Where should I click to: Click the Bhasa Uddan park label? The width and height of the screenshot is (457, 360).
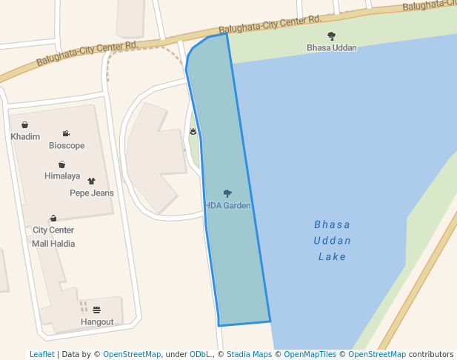(332, 48)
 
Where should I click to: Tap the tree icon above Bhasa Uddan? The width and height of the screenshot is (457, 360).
(331, 36)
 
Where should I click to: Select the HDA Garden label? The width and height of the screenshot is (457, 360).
(228, 205)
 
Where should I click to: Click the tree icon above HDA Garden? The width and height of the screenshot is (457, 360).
(227, 193)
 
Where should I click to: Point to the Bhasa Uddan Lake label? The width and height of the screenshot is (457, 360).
(332, 240)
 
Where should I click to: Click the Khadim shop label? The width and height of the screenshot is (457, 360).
(25, 137)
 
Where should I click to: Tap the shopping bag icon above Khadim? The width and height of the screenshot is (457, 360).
(25, 125)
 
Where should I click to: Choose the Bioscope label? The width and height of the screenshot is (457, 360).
(67, 146)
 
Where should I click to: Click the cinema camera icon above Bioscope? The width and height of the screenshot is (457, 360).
(67, 134)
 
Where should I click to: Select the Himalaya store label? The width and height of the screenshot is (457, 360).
(62, 176)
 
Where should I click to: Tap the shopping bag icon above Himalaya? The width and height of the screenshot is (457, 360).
(62, 164)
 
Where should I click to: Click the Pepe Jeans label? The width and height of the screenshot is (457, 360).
(92, 193)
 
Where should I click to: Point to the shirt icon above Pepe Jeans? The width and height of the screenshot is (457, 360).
(92, 181)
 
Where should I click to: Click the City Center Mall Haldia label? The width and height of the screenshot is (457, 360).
(53, 236)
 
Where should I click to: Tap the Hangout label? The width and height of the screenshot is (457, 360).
(97, 322)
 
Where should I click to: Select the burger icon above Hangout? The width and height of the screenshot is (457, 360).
(97, 310)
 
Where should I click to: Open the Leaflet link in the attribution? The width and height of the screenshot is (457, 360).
(42, 355)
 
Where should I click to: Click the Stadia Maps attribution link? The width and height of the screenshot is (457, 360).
(249, 355)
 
